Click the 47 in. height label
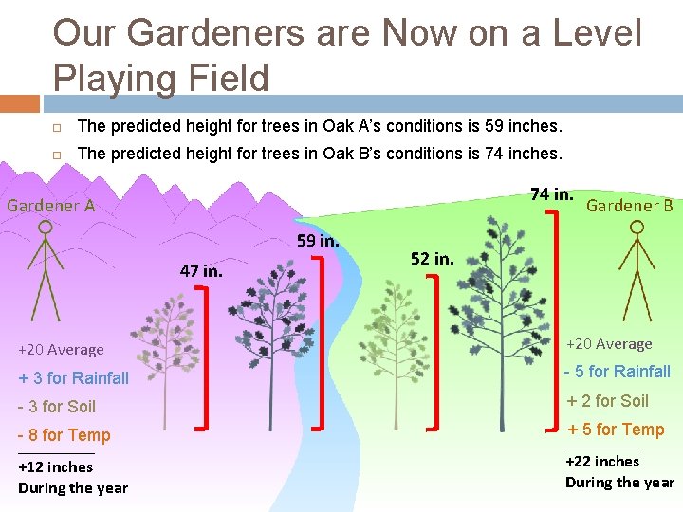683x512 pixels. coord(201,270)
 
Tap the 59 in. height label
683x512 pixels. coord(318,241)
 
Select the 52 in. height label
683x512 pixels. coord(432,258)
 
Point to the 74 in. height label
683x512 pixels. coord(551,194)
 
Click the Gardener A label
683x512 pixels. coord(51,205)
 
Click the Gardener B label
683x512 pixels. coord(630,205)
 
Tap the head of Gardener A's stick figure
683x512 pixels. coord(44,229)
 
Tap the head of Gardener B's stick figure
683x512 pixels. coord(637,228)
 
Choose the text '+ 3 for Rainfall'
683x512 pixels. coord(73,378)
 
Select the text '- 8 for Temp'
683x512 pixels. coord(64,435)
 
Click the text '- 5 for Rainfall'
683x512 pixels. coord(618,372)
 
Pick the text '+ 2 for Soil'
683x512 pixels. coord(608,400)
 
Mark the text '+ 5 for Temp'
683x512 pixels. coord(616,430)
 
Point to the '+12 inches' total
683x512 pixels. coord(56,466)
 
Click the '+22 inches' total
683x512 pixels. coord(602,461)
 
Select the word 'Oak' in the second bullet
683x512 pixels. coord(338,153)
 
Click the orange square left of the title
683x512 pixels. coord(20,103)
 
